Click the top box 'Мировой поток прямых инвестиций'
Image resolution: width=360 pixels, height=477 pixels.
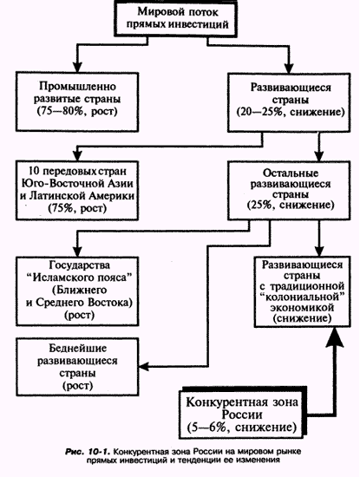175,18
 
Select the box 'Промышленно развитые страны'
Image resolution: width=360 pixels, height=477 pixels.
77,102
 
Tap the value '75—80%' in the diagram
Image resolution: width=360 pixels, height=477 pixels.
60,111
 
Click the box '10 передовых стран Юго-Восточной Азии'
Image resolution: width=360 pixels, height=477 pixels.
77,191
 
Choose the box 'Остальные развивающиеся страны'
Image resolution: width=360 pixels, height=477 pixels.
289,191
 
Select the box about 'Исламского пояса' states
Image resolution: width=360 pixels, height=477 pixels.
77,291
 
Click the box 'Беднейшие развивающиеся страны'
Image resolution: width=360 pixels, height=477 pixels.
77,367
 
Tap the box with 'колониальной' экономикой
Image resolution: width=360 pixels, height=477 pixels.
302,291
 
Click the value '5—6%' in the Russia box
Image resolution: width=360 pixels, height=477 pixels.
206,428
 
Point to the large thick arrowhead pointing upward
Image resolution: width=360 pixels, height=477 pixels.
335,337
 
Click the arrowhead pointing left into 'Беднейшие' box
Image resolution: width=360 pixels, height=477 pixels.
144,366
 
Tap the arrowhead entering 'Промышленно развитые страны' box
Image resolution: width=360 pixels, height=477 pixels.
77,67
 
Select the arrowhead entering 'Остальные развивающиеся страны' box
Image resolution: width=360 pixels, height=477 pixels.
319,156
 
